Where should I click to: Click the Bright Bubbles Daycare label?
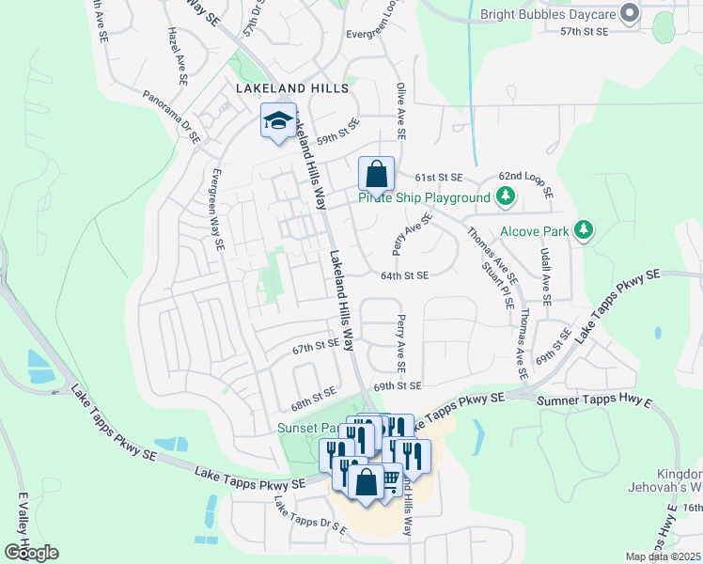[x=549, y=14]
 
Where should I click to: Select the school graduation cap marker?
[x=278, y=121]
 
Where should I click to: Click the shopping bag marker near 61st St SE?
[x=376, y=175]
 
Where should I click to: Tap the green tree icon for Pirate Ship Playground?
[x=506, y=196]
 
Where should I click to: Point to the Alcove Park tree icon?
[x=584, y=229]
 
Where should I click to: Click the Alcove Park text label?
[x=535, y=230]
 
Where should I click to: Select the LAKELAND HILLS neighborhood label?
[x=291, y=88]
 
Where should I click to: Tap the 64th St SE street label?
[x=404, y=275]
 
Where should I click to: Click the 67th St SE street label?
[x=315, y=347]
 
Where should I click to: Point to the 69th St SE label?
[x=396, y=386]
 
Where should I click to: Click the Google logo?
[x=31, y=552]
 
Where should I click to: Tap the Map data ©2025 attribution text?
[x=662, y=556]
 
